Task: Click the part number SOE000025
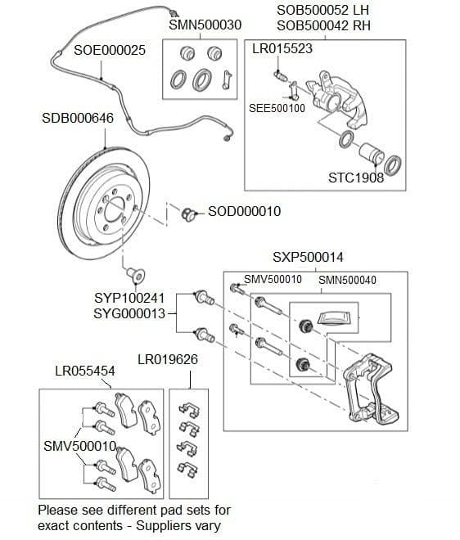tap(110, 51)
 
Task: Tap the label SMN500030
tap(205, 25)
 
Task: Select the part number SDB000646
tap(77, 119)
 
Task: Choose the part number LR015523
tap(282, 49)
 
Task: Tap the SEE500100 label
tap(277, 108)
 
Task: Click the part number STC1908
tap(356, 178)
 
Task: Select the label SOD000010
tap(244, 212)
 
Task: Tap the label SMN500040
tap(347, 281)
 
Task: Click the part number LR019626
tap(167, 359)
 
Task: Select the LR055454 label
tap(85, 371)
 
